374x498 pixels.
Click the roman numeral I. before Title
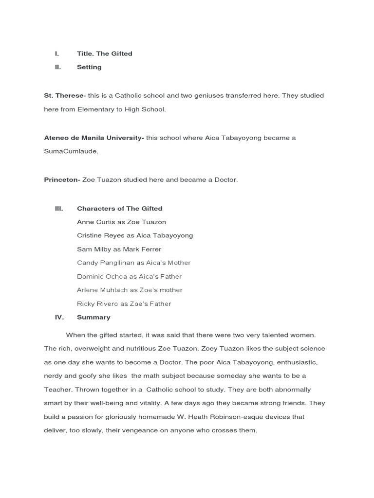[x=57, y=53]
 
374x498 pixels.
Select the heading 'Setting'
[x=89, y=67]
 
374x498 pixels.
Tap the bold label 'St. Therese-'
[x=65, y=96]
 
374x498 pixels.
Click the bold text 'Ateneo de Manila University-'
[x=93, y=138]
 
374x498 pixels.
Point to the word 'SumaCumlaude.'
[x=71, y=151]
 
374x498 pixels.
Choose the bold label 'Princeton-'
[x=62, y=180]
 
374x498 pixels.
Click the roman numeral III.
[x=59, y=208]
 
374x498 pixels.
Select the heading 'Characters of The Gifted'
[x=119, y=208]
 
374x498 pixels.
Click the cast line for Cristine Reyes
[x=135, y=235]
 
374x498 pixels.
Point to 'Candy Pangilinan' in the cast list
[x=102, y=263]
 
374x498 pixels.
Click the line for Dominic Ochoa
[x=129, y=276]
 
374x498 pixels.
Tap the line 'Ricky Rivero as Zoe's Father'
[x=124, y=303]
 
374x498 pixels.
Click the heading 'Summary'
[x=93, y=317]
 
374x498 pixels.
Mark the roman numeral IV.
[x=59, y=317]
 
